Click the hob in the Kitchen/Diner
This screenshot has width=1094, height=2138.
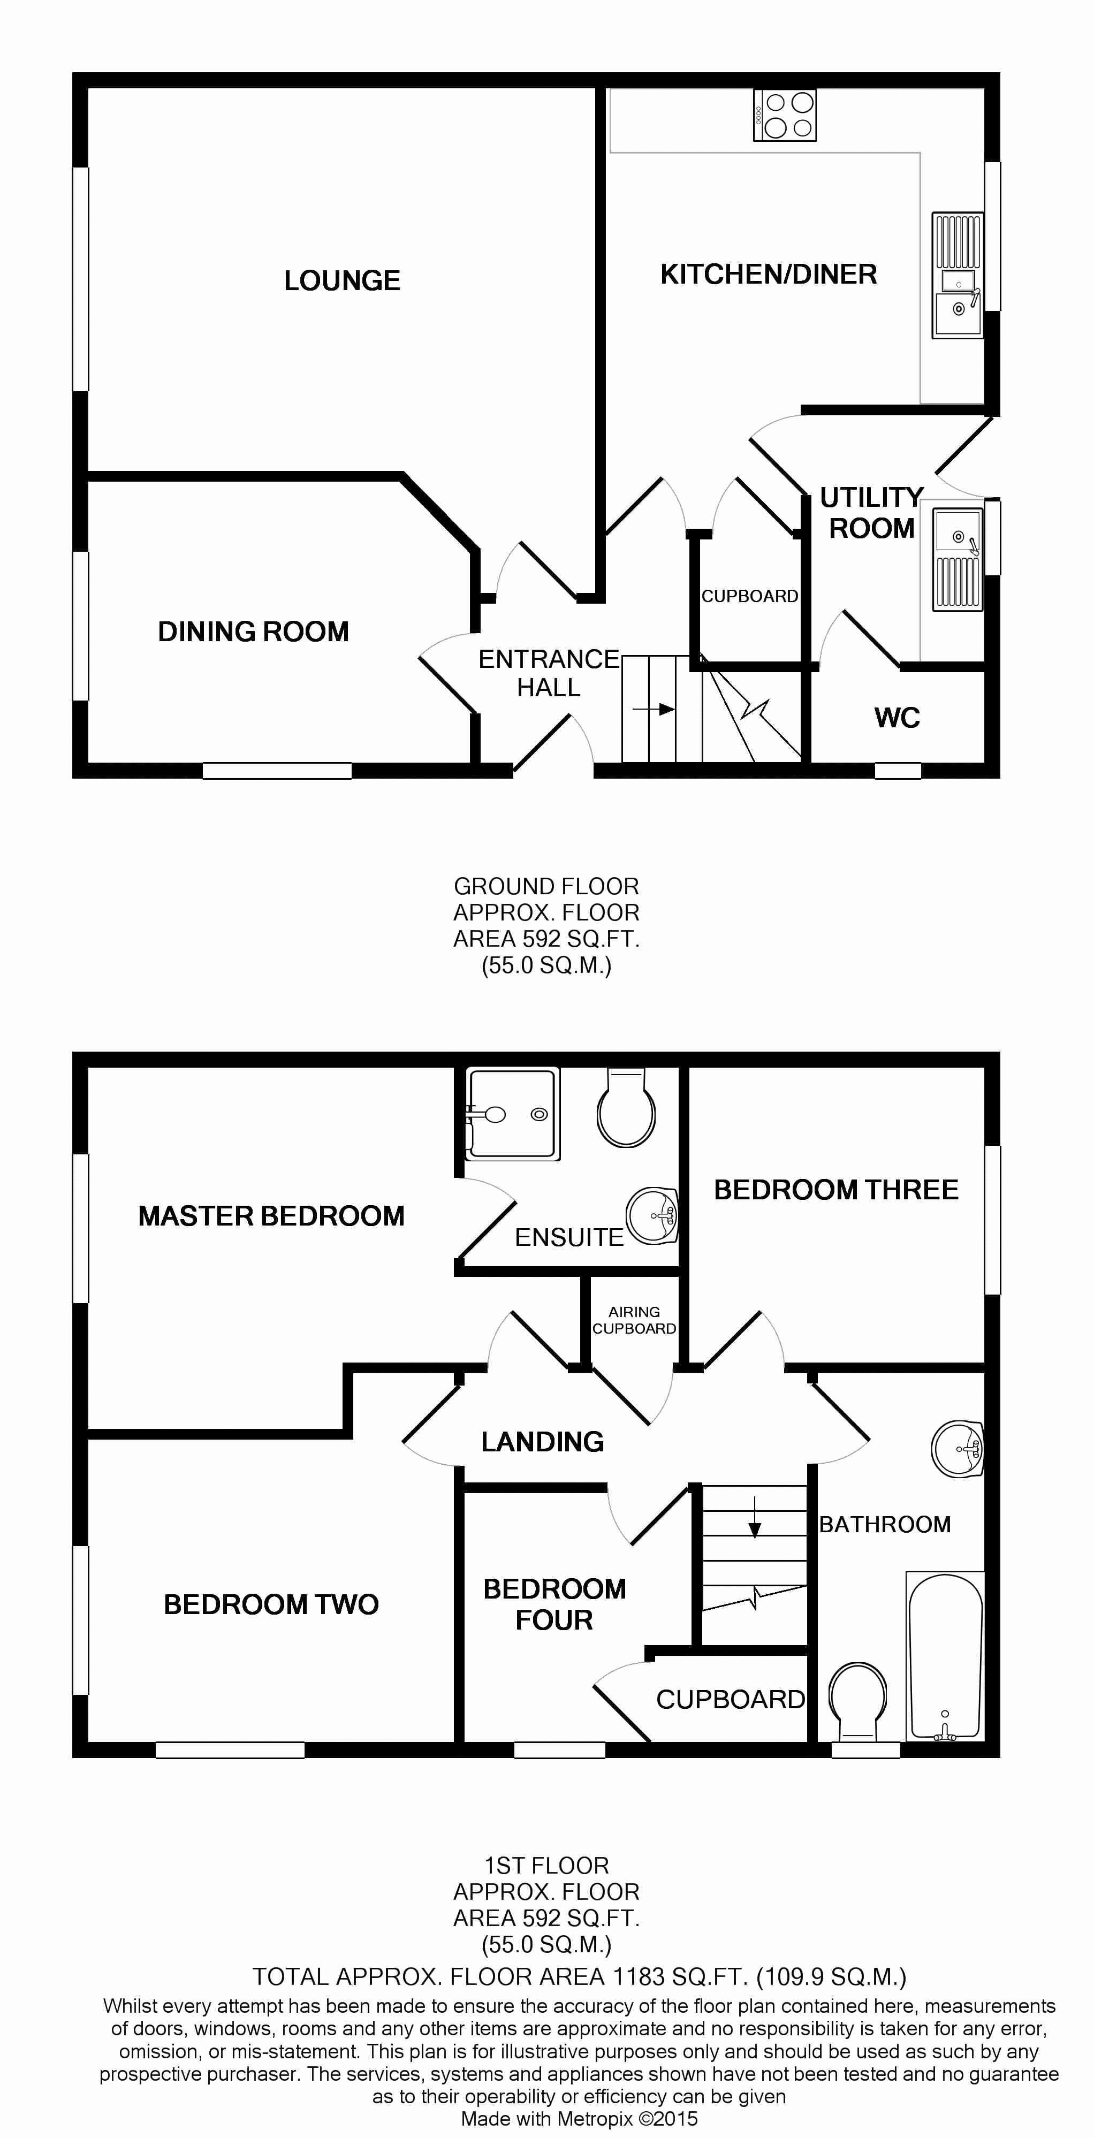click(785, 116)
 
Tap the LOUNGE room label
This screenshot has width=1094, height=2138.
click(342, 280)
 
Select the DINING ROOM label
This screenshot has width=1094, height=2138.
click(253, 631)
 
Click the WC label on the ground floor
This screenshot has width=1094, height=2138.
click(897, 718)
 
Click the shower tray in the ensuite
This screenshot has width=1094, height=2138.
click(513, 1113)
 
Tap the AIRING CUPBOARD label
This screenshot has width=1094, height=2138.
click(634, 1320)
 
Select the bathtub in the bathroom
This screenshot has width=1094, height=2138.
click(945, 1656)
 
